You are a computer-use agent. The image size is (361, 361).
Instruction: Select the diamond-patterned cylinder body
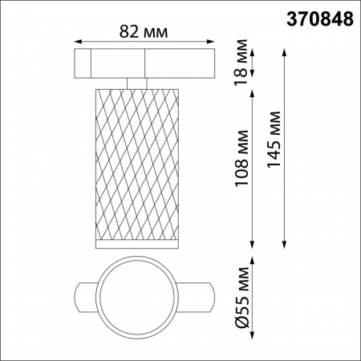(x=136, y=160)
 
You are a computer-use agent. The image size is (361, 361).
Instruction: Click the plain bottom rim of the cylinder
(x=136, y=241)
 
